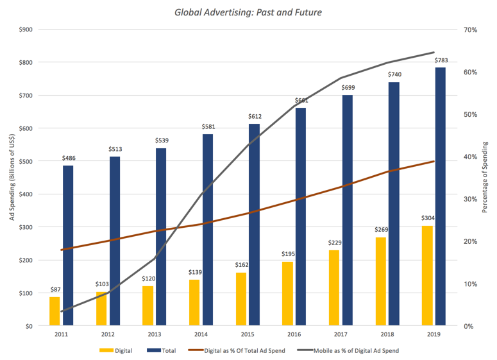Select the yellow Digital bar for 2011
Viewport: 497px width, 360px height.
[x=55, y=311]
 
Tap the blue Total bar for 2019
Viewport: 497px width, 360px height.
[x=440, y=196]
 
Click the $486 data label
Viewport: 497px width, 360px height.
[x=69, y=158]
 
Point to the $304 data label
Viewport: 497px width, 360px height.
[x=426, y=218]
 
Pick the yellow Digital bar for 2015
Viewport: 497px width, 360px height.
[x=241, y=299]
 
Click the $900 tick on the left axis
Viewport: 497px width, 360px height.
[x=25, y=30]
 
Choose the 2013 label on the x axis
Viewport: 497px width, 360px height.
[x=155, y=335]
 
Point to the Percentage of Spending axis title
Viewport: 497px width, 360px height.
[x=484, y=177]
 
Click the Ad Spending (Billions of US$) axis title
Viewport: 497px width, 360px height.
[x=12, y=178]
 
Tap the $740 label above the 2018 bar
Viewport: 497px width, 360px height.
[x=393, y=74]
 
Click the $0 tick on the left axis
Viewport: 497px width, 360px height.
[x=29, y=326]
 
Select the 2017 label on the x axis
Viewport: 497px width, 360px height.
[x=341, y=335]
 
